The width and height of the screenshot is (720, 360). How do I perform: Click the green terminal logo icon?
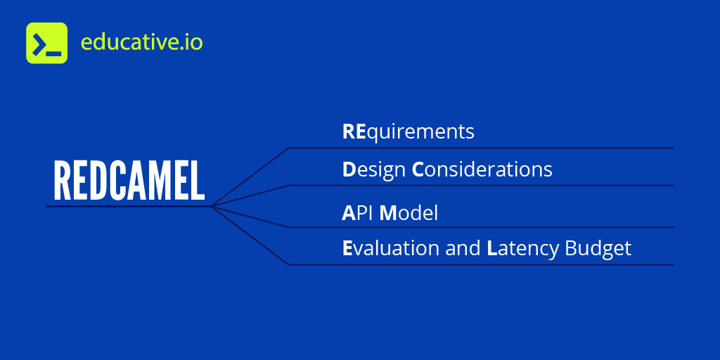pyautogui.click(x=46, y=43)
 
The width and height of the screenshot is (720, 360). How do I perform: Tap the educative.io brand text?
pyautogui.click(x=141, y=42)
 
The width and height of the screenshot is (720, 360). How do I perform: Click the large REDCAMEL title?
pyautogui.click(x=129, y=181)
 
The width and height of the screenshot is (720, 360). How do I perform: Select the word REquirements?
pyautogui.click(x=408, y=132)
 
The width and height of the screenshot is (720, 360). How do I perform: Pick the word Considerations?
pyautogui.click(x=482, y=170)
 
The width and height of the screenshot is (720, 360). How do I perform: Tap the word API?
pyautogui.click(x=358, y=213)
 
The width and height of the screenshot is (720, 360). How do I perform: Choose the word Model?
pyautogui.click(x=409, y=213)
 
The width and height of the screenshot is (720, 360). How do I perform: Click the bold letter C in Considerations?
pyautogui.click(x=418, y=170)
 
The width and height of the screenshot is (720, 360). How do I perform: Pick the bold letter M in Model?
pyautogui.click(x=388, y=213)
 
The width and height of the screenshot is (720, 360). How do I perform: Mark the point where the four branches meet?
pyautogui.click(x=212, y=206)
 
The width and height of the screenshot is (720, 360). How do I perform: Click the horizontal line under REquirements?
pyautogui.click(x=482, y=148)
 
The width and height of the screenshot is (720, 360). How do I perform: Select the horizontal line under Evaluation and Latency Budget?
pyautogui.click(x=482, y=265)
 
